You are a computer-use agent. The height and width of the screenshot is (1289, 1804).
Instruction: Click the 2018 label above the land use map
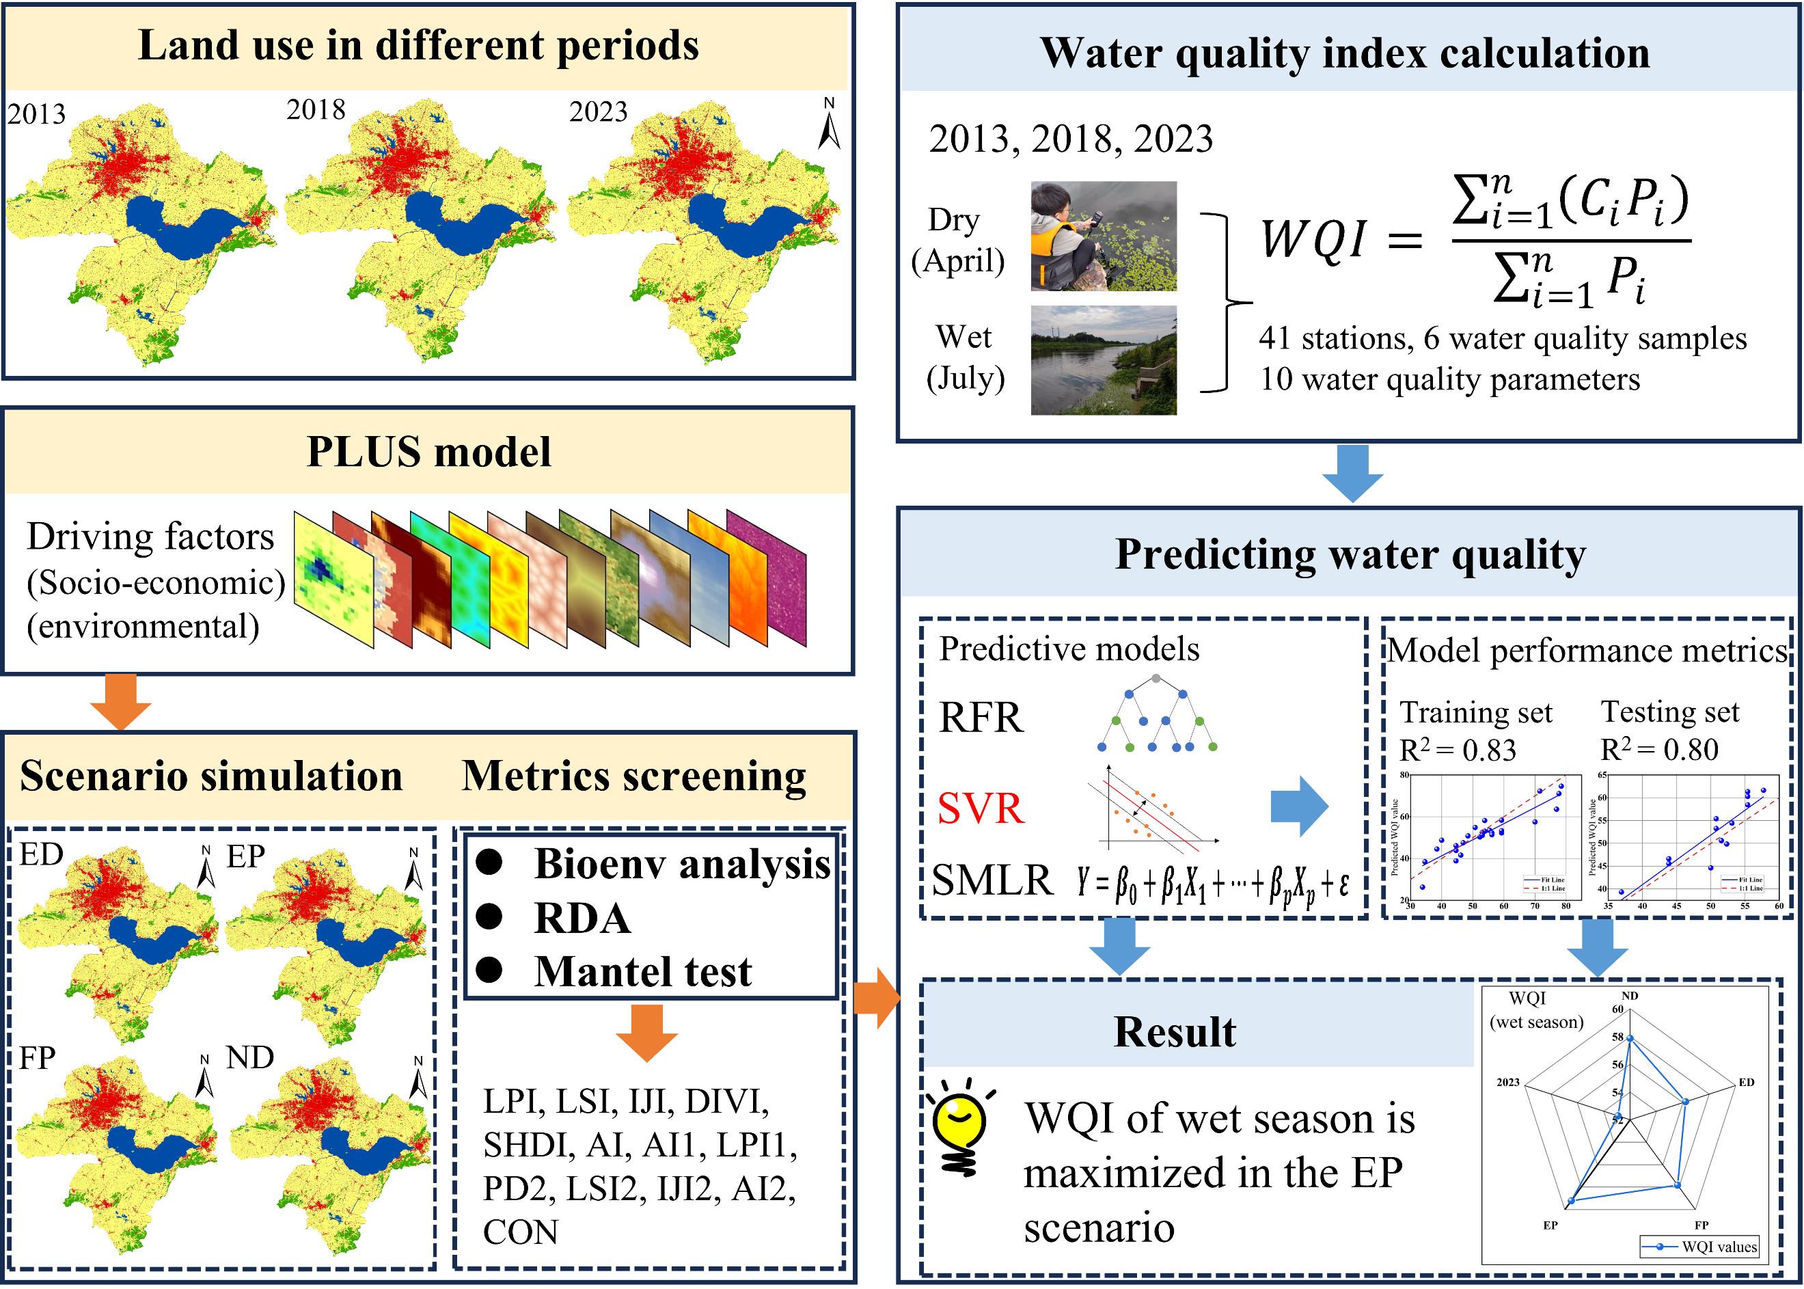pyautogui.click(x=316, y=109)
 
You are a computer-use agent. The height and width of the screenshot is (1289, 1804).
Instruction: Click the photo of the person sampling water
pyautogui.click(x=1103, y=236)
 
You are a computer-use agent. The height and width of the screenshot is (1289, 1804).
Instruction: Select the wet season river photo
pyautogui.click(x=1103, y=359)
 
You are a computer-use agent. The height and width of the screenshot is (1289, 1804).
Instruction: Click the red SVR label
pyautogui.click(x=981, y=809)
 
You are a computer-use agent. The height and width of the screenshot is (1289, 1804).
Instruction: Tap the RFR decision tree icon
pyautogui.click(x=1156, y=714)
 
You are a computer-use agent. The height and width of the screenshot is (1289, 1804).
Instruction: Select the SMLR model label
pyautogui.click(x=992, y=880)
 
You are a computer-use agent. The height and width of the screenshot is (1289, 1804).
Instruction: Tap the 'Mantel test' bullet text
pyautogui.click(x=643, y=971)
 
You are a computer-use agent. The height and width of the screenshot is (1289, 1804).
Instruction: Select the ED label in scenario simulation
pyautogui.click(x=41, y=855)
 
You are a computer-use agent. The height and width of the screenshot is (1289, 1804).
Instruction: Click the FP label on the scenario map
pyautogui.click(x=38, y=1058)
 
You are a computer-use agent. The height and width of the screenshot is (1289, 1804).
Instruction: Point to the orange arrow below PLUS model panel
pyautogui.click(x=121, y=701)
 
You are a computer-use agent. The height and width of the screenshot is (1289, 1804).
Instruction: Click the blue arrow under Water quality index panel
pyautogui.click(x=1352, y=473)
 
